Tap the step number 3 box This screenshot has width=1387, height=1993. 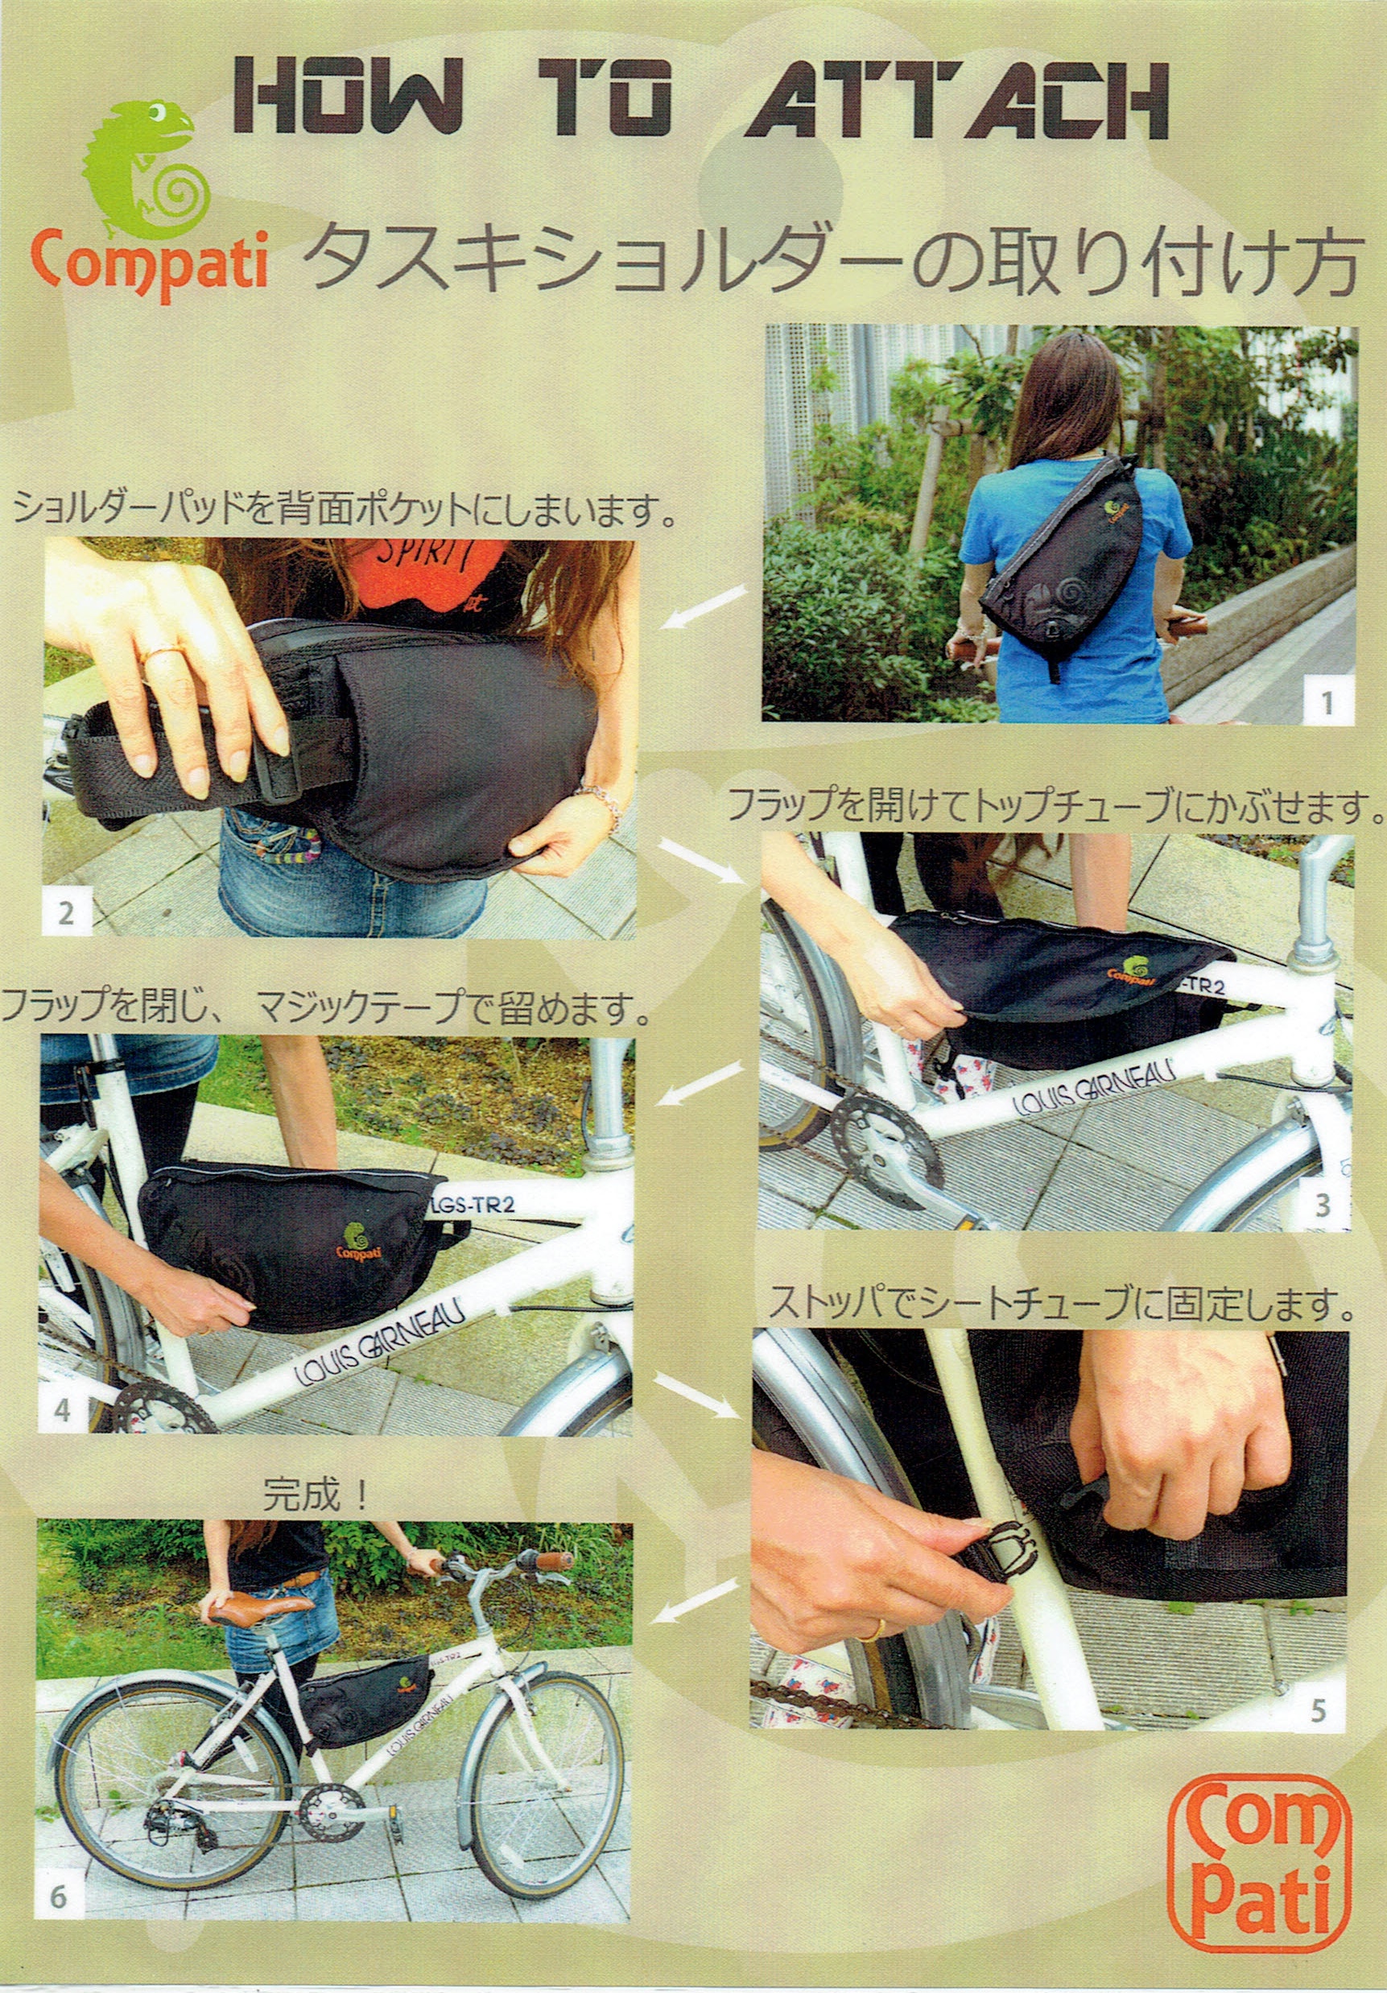coord(1323,1204)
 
